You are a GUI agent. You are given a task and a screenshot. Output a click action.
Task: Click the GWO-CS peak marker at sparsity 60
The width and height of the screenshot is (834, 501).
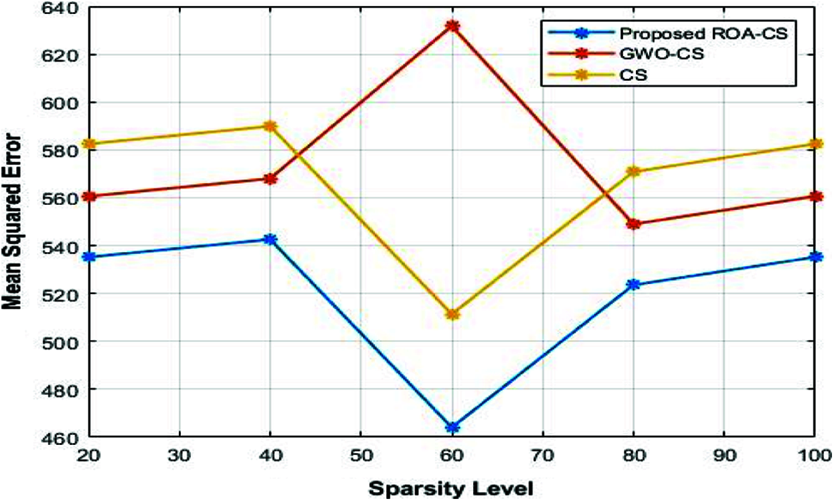click(x=452, y=27)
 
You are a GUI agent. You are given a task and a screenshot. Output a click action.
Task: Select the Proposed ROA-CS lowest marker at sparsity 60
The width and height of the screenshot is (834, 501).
click(x=452, y=427)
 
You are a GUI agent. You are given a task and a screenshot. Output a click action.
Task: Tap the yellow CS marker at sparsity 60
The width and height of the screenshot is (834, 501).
click(x=452, y=314)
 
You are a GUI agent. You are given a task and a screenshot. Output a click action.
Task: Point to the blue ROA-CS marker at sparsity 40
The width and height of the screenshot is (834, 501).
click(x=270, y=239)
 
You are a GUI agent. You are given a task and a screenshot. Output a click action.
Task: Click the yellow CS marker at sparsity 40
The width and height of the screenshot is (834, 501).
click(x=270, y=126)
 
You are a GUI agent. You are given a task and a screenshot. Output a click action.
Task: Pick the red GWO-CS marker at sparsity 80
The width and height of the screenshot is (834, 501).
click(x=634, y=224)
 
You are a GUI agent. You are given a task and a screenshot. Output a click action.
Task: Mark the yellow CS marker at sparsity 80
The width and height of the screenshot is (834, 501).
click(x=634, y=171)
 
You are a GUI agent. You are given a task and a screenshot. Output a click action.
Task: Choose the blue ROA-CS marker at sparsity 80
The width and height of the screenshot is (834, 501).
click(x=634, y=284)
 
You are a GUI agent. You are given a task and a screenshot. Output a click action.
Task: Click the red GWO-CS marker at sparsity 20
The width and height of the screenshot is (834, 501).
click(x=88, y=196)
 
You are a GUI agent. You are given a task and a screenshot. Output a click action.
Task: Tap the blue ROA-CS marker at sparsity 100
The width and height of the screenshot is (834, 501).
click(x=815, y=257)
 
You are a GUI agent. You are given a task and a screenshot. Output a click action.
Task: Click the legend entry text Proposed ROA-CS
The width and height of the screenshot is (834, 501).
click(x=689, y=33)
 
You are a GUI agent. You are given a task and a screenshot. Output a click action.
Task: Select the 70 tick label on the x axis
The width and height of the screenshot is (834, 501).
click(x=542, y=456)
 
